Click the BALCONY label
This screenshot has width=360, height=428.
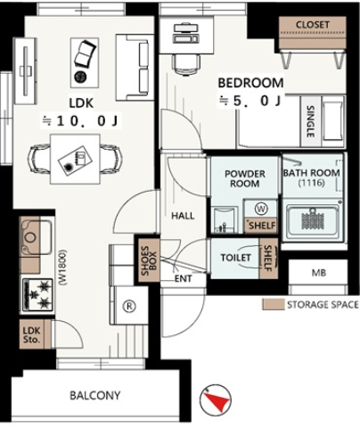95,395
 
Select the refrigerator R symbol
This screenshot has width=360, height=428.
129,306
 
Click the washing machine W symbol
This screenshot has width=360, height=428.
261,209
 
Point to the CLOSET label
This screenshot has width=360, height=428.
313,25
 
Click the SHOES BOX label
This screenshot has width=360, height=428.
149,260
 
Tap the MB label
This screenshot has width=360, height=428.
319,273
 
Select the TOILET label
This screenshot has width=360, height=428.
236,258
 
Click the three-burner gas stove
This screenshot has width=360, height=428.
37,294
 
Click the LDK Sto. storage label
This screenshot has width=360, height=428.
31,334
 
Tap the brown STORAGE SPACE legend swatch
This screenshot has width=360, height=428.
274,305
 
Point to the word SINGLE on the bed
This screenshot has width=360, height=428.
310,121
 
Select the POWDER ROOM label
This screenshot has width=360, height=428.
245,178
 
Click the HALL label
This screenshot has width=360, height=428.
183,216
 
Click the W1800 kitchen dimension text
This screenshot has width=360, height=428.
62,267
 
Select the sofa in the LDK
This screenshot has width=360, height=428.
132,68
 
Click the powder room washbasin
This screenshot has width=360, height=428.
225,219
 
